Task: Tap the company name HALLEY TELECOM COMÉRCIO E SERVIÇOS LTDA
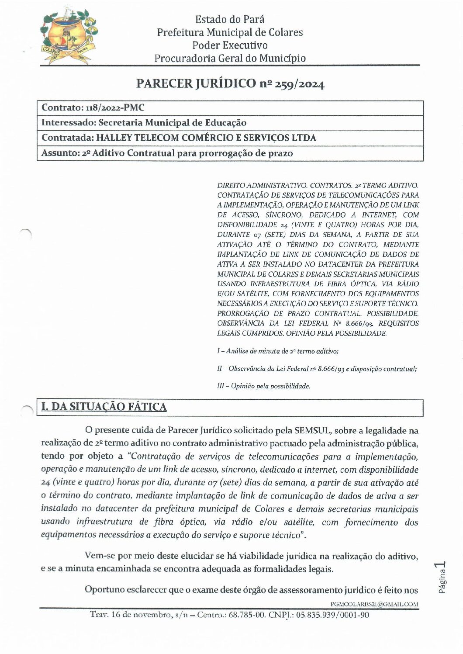[x=206, y=138]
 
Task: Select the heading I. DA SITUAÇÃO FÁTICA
[x=104, y=407]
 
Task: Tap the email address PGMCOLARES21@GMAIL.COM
[x=374, y=605]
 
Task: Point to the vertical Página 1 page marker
[x=441, y=578]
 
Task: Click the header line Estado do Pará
[x=230, y=19]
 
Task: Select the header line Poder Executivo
[x=230, y=45]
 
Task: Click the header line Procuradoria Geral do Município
[x=230, y=58]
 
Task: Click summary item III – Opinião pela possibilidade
[x=263, y=386]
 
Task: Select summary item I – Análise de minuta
[x=278, y=351]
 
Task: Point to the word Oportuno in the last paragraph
[x=104, y=590]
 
